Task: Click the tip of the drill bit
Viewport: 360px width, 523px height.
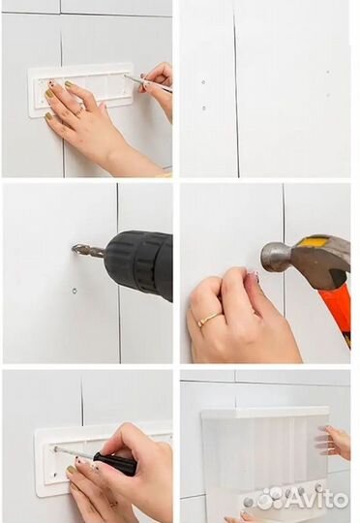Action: click(x=73, y=248)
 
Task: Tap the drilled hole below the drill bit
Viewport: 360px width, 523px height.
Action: click(x=75, y=291)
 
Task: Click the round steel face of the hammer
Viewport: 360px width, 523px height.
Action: click(x=267, y=258)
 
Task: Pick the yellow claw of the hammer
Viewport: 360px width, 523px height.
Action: click(x=320, y=241)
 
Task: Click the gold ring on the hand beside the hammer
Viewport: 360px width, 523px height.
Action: click(x=209, y=319)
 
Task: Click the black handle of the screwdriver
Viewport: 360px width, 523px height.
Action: click(x=115, y=463)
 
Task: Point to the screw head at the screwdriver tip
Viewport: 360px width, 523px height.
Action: click(x=56, y=448)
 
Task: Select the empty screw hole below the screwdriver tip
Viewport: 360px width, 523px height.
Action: click(x=55, y=475)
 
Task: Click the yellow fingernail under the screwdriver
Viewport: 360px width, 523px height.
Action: click(x=71, y=470)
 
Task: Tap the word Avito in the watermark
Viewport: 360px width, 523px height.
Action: click(x=316, y=499)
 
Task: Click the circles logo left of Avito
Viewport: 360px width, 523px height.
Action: click(x=272, y=496)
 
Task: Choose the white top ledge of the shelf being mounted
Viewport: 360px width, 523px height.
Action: click(x=266, y=413)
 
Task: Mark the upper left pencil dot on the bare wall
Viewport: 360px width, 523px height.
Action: click(x=203, y=81)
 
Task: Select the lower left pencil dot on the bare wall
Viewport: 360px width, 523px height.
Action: click(x=204, y=108)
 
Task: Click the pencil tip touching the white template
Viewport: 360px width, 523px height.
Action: click(x=125, y=77)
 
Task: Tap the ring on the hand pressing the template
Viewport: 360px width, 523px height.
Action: click(x=79, y=109)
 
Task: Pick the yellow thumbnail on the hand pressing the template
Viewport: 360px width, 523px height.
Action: click(x=48, y=117)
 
